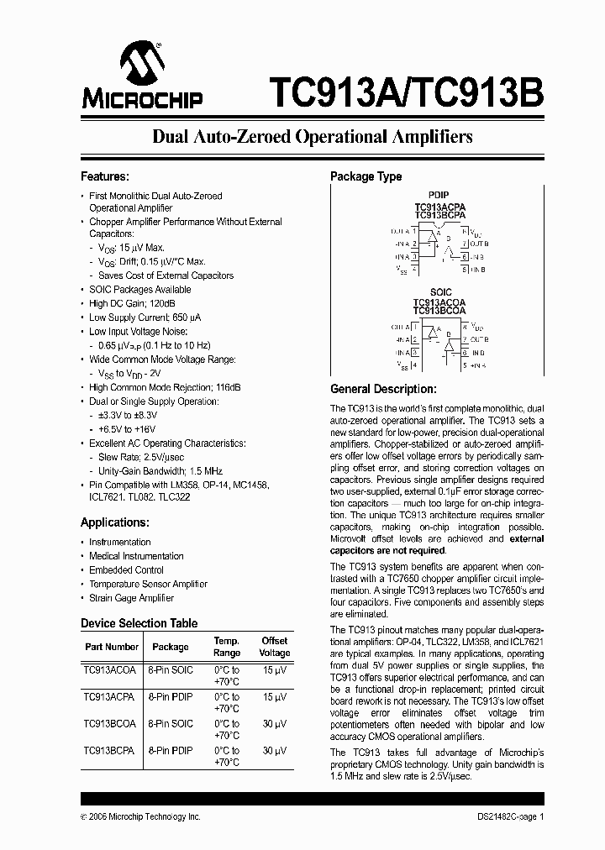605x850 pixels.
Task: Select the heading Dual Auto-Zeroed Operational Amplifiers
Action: [312, 137]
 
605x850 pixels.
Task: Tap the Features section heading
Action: [104, 177]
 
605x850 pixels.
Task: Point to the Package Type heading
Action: [366, 176]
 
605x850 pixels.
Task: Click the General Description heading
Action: [383, 390]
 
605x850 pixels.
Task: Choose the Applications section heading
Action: [115, 522]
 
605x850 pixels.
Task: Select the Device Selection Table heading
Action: [139, 623]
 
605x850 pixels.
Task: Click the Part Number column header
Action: [112, 647]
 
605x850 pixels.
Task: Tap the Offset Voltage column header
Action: [274, 647]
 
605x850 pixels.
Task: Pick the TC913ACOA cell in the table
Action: [109, 670]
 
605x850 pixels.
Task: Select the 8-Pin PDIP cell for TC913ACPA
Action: [171, 697]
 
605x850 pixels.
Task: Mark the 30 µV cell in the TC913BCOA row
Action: [274, 724]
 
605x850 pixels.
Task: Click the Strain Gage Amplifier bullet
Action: [131, 598]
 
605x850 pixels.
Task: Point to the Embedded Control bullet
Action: [126, 570]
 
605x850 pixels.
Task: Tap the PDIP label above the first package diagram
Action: [439, 196]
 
